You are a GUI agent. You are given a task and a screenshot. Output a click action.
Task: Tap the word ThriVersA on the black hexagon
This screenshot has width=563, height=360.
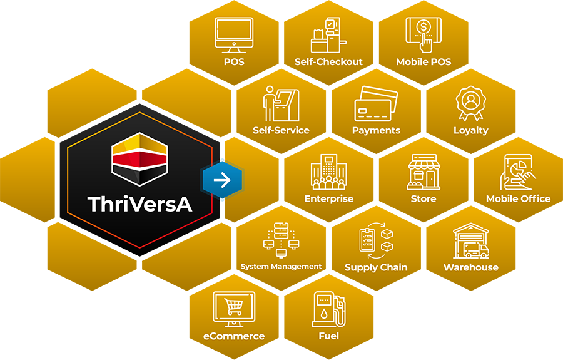(139, 204)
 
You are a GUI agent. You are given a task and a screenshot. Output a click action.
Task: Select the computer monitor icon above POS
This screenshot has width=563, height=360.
(234, 35)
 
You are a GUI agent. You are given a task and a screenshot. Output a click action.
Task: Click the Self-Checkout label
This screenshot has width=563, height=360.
(328, 62)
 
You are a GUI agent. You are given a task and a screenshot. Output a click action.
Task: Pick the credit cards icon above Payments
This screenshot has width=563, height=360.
(376, 104)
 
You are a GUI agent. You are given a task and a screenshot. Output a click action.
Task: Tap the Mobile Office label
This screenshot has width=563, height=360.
(518, 199)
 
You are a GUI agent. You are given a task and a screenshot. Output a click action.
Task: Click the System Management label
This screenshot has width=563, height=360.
(281, 267)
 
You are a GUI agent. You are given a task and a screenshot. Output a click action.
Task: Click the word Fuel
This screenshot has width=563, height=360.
(328, 336)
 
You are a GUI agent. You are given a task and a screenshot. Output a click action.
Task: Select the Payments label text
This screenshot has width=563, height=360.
(376, 130)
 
